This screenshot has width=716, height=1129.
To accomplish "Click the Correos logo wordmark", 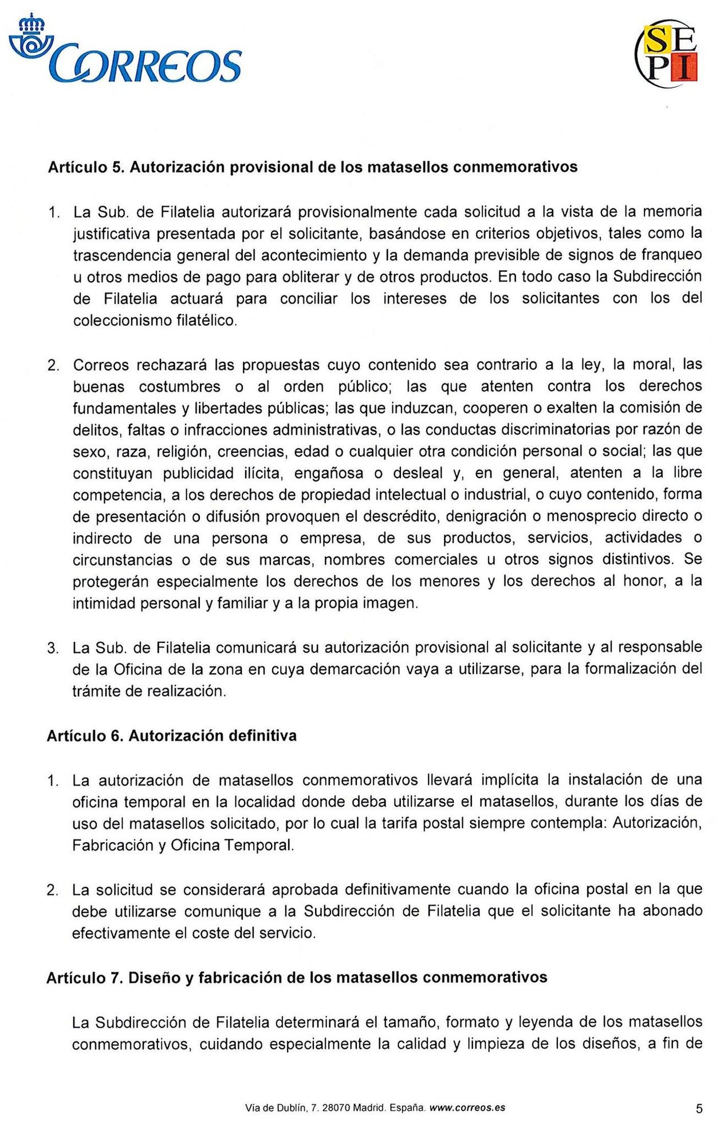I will pos(146,64).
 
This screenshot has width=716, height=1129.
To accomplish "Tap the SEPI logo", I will pos(668,55).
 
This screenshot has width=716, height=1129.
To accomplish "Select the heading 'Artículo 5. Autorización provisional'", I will pos(312,167).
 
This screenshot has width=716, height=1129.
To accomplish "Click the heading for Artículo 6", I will pos(171,736).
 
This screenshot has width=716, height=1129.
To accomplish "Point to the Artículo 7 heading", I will pos(296,977).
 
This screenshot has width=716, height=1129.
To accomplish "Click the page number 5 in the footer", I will pos(699,1109).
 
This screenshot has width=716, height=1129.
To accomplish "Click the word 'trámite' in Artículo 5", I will pos(94,692).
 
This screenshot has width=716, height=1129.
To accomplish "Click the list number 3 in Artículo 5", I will pos(53,648).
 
